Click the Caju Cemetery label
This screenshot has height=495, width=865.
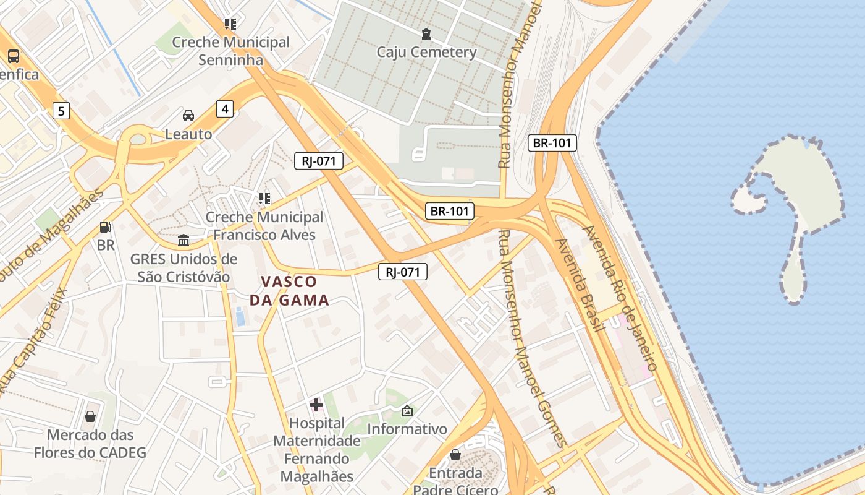[426, 52]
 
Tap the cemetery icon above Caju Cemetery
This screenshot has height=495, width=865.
[426, 33]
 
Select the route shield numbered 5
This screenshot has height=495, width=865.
[61, 111]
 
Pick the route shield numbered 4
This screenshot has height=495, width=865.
[225, 109]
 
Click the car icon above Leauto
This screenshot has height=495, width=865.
[188, 116]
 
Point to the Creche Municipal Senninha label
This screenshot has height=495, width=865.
[230, 51]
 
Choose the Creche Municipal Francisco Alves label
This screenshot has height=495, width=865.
[264, 226]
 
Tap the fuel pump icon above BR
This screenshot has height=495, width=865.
[106, 227]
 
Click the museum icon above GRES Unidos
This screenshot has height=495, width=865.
[184, 240]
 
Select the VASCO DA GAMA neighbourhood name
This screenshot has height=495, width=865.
[289, 291]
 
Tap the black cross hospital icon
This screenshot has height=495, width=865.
[316, 405]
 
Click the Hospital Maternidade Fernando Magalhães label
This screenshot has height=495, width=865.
[317, 450]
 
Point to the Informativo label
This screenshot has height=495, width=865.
[407, 428]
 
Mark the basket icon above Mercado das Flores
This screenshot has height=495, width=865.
[90, 416]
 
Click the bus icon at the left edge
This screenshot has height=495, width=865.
[14, 56]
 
